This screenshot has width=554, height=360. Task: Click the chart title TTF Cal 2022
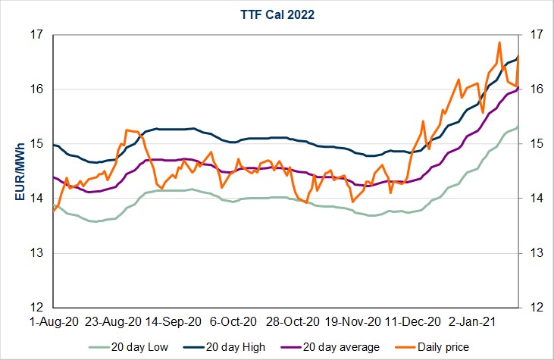click(277, 14)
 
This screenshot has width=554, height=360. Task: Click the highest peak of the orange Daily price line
click(499, 42)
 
